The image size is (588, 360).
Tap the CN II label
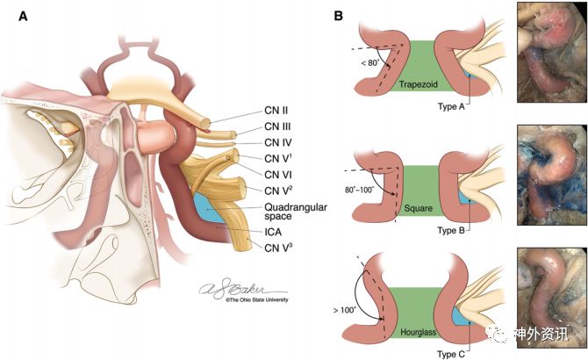pyautogui.click(x=276, y=111)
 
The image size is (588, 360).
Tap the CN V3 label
pyautogui.click(x=279, y=248)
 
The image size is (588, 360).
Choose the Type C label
pyautogui.click(x=451, y=352)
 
